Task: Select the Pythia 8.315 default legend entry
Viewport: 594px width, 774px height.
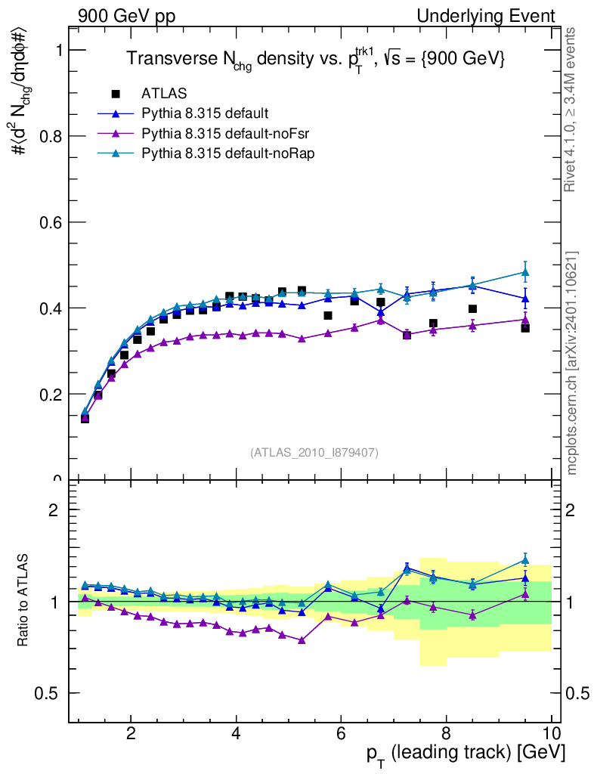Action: [204, 114]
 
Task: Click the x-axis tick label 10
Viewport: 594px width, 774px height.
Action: [551, 732]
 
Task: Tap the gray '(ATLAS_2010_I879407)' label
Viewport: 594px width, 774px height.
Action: [314, 453]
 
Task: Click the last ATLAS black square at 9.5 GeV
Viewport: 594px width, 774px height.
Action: [525, 328]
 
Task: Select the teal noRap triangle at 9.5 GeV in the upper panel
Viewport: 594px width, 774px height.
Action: [525, 272]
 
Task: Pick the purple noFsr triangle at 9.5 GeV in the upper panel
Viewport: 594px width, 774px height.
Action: [525, 319]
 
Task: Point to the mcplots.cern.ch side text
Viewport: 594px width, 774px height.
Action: [572, 363]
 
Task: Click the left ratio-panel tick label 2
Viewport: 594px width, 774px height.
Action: [54, 509]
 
